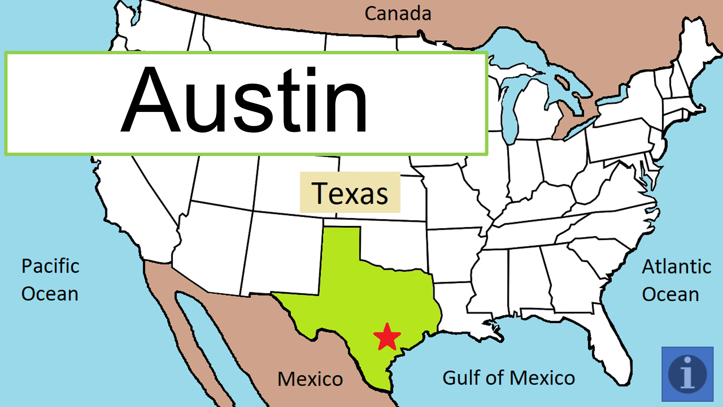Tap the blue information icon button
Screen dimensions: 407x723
687,374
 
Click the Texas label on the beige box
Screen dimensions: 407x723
350,193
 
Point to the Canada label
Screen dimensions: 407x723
398,14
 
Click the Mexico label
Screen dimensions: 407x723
310,379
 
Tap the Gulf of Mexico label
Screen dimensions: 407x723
508,378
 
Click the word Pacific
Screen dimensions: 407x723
50,266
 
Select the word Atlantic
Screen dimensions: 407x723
676,267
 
